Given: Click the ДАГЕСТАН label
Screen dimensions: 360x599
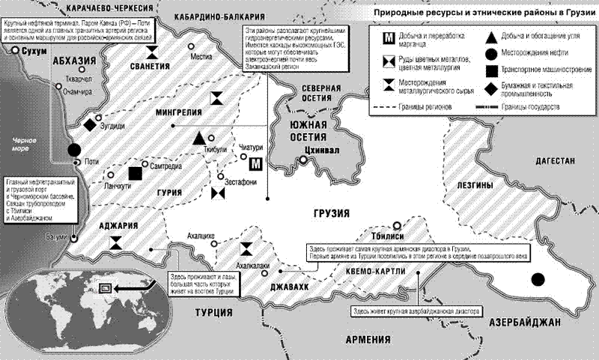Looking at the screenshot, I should [x=553, y=161].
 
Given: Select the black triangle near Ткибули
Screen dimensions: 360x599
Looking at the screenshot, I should [x=199, y=138].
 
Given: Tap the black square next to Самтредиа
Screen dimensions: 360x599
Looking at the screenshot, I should [x=135, y=173].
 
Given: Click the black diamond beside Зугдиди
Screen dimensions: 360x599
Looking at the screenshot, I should [x=90, y=123].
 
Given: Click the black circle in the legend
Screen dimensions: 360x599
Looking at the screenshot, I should [x=488, y=53].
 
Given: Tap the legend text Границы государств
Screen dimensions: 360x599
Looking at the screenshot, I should [x=532, y=107].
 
